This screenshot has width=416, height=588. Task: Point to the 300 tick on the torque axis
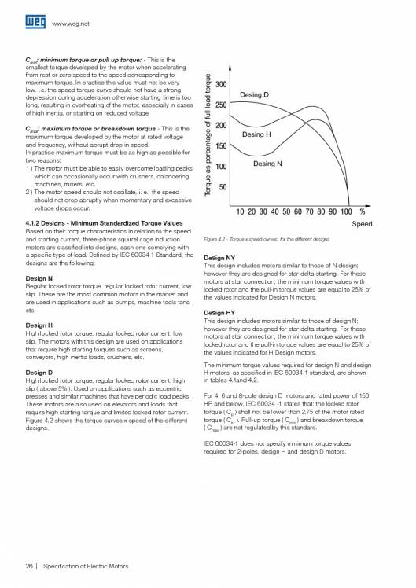pos(221,85)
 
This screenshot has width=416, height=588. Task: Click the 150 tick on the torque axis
pos(221,146)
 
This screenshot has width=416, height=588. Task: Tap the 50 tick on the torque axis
pos(223,187)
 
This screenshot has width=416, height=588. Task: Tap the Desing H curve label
pos(257,134)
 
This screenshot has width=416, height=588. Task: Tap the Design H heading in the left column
pos(39,325)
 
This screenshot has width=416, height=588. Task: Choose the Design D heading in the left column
pos(39,372)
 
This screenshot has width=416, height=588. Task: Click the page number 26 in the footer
pos(30,565)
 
